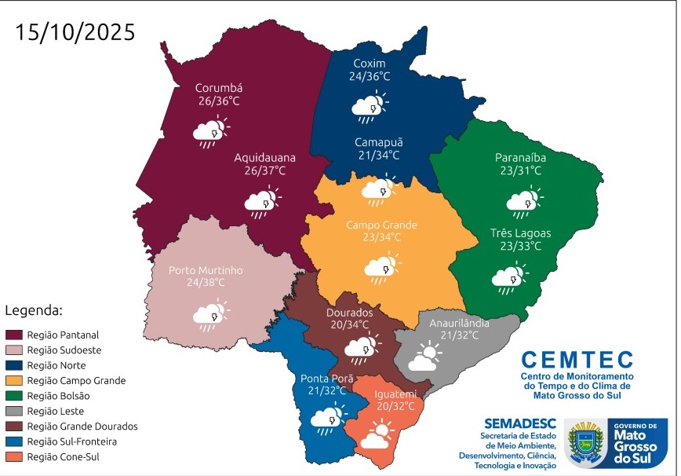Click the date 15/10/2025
pos(75,32)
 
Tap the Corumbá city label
pos(219,88)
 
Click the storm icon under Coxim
pos(369,107)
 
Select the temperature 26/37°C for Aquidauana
pos(260,170)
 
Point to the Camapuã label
pos(378,142)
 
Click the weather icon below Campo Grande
pos(381,268)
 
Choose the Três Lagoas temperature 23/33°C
pos(520,246)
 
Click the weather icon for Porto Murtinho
pos(210,314)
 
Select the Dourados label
pos(349,312)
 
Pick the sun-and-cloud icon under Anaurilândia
pos(424,356)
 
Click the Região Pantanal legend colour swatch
pos(14,335)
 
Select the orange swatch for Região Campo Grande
pos(14,380)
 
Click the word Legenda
pos(34,309)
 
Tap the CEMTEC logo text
pos(577,360)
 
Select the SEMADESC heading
pos(519,423)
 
